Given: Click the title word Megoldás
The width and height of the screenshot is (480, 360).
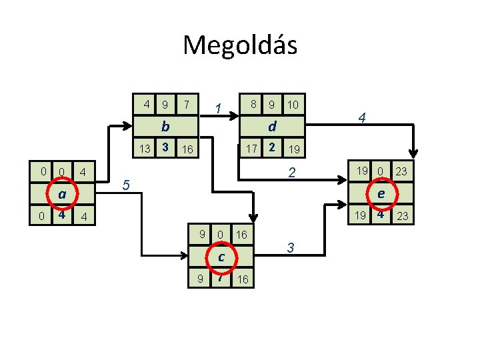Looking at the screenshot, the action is [240, 45].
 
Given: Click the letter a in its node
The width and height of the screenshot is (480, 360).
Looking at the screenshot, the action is [61, 195].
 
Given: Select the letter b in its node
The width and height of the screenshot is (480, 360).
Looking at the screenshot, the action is [165, 125].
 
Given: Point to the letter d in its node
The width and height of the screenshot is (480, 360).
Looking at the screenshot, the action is [272, 125].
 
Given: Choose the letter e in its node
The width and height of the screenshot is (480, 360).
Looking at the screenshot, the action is [381, 194].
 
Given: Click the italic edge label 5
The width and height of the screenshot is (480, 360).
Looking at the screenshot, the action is [130, 185].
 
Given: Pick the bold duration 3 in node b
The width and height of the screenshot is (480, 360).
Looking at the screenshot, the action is [165, 146].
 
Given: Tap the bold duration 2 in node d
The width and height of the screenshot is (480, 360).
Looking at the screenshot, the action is [271, 146].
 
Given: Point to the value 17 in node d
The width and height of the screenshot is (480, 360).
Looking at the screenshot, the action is [251, 147].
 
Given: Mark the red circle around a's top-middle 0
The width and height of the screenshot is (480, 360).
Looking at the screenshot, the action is [61, 173].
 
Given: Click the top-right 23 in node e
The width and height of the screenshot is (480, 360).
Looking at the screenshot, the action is [401, 171].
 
